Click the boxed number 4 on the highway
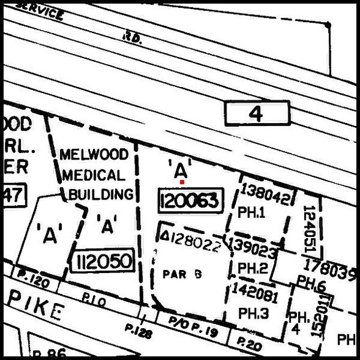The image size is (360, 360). pos(257,113)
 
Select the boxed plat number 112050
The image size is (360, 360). pos(103,262)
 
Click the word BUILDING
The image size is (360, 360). pos(101,195)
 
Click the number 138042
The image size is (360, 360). pos(265,192)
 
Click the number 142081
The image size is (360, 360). pos(255,293)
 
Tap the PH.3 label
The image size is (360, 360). pos(253,313)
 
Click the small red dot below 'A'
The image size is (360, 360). pos(182,182)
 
